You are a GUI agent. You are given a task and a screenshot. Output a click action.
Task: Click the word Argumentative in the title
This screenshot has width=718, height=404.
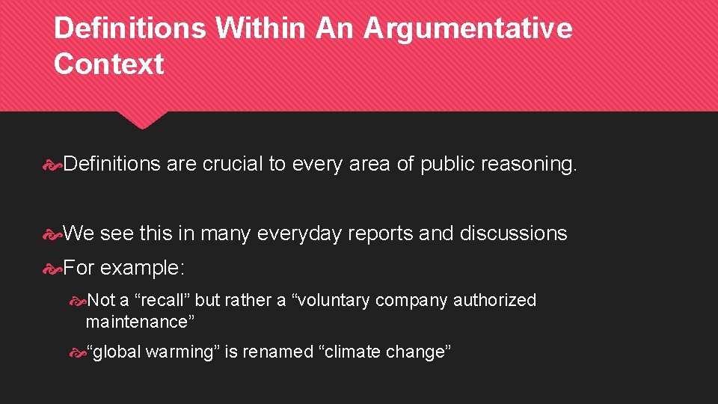pos(467,28)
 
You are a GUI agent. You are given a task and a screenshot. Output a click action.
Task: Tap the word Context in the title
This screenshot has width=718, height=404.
pos(108,64)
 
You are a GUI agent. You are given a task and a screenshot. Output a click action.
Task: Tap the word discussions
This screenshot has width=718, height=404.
pos(513,233)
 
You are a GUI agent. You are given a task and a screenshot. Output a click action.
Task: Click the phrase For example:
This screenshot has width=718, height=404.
pos(125,267)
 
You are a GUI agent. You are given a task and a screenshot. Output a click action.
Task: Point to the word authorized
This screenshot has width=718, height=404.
pos(495,300)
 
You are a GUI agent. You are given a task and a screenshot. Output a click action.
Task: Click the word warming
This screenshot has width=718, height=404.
pos(179,352)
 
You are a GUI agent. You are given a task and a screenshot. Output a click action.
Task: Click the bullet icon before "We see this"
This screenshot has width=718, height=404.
pos(52,234)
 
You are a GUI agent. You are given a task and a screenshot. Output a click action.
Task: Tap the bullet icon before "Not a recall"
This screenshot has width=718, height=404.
pos(77,301)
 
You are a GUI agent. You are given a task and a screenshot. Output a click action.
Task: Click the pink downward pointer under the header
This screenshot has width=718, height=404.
pos(143,120)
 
